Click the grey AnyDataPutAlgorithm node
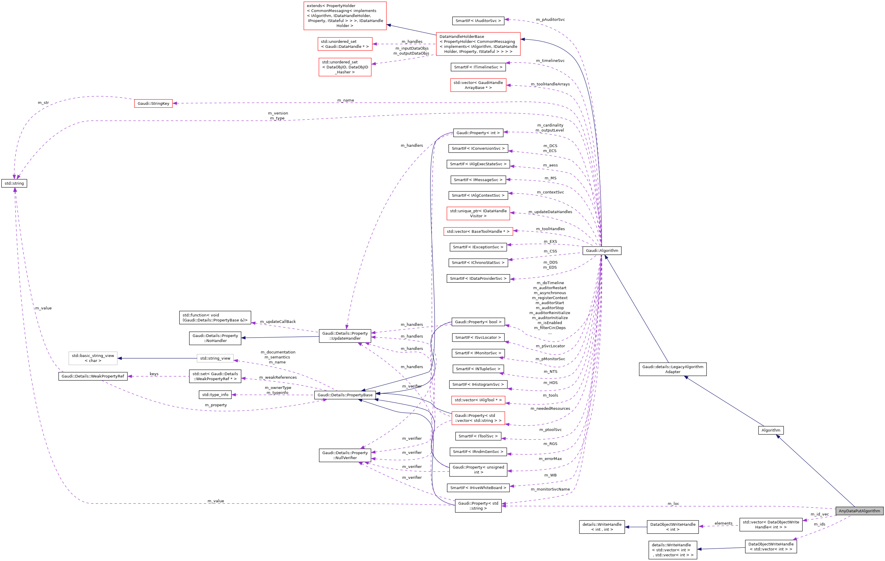click(859, 511)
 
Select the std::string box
click(14, 183)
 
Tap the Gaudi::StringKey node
click(153, 104)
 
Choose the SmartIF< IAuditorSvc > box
click(478, 21)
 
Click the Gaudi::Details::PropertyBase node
click(345, 395)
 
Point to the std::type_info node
click(215, 395)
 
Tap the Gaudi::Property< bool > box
click(478, 322)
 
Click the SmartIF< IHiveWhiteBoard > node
click(478, 488)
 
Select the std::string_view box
click(215, 358)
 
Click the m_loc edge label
click(673, 504)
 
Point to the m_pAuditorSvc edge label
click(550, 19)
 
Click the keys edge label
click(154, 374)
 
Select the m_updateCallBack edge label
click(277, 322)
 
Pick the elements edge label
click(723, 523)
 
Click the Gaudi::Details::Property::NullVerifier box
click(345, 456)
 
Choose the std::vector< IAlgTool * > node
click(478, 400)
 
